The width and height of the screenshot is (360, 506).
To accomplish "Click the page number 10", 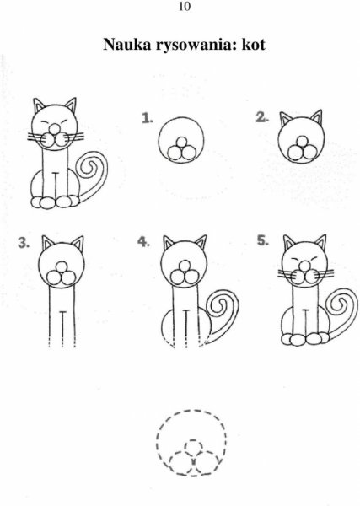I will point(184,8).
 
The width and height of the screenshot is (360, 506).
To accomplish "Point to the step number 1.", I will point(148,120).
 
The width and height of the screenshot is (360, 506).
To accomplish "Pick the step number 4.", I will point(143,241).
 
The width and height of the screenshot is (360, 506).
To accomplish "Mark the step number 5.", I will point(263,241).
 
